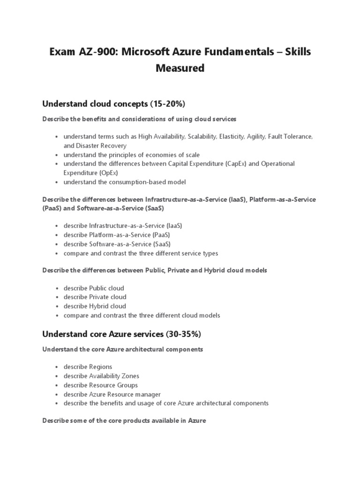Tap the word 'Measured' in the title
(180, 68)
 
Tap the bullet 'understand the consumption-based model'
(125, 182)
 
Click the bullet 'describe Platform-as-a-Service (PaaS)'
(117, 234)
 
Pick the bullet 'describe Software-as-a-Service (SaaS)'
(117, 244)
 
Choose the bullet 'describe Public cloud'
(94, 288)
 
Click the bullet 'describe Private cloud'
(95, 297)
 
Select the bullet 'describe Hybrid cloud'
(95, 306)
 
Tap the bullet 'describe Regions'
(88, 367)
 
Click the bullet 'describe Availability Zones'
(101, 376)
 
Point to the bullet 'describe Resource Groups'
(100, 385)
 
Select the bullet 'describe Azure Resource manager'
(112, 394)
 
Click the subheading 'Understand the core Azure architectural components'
(123, 349)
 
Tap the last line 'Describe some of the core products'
(124, 420)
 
